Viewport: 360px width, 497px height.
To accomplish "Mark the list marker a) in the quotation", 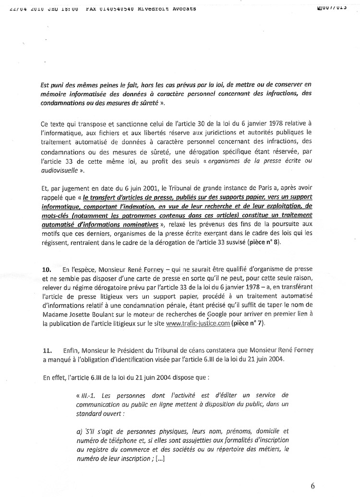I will coord(79,431).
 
